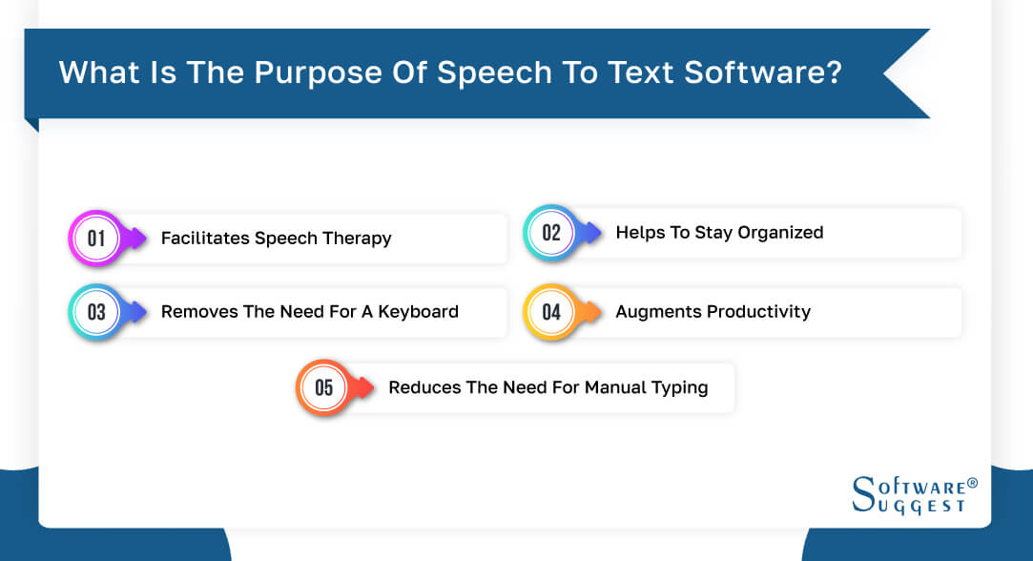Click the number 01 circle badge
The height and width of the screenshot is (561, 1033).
(96, 238)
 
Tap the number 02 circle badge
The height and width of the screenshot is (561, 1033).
(551, 232)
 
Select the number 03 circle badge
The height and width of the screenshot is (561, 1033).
(96, 312)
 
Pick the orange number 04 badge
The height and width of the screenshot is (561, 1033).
(551, 311)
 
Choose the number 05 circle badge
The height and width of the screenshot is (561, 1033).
(324, 387)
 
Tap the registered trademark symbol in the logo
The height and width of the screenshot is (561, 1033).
(972, 484)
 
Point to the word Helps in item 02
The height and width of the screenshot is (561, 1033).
(638, 232)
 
